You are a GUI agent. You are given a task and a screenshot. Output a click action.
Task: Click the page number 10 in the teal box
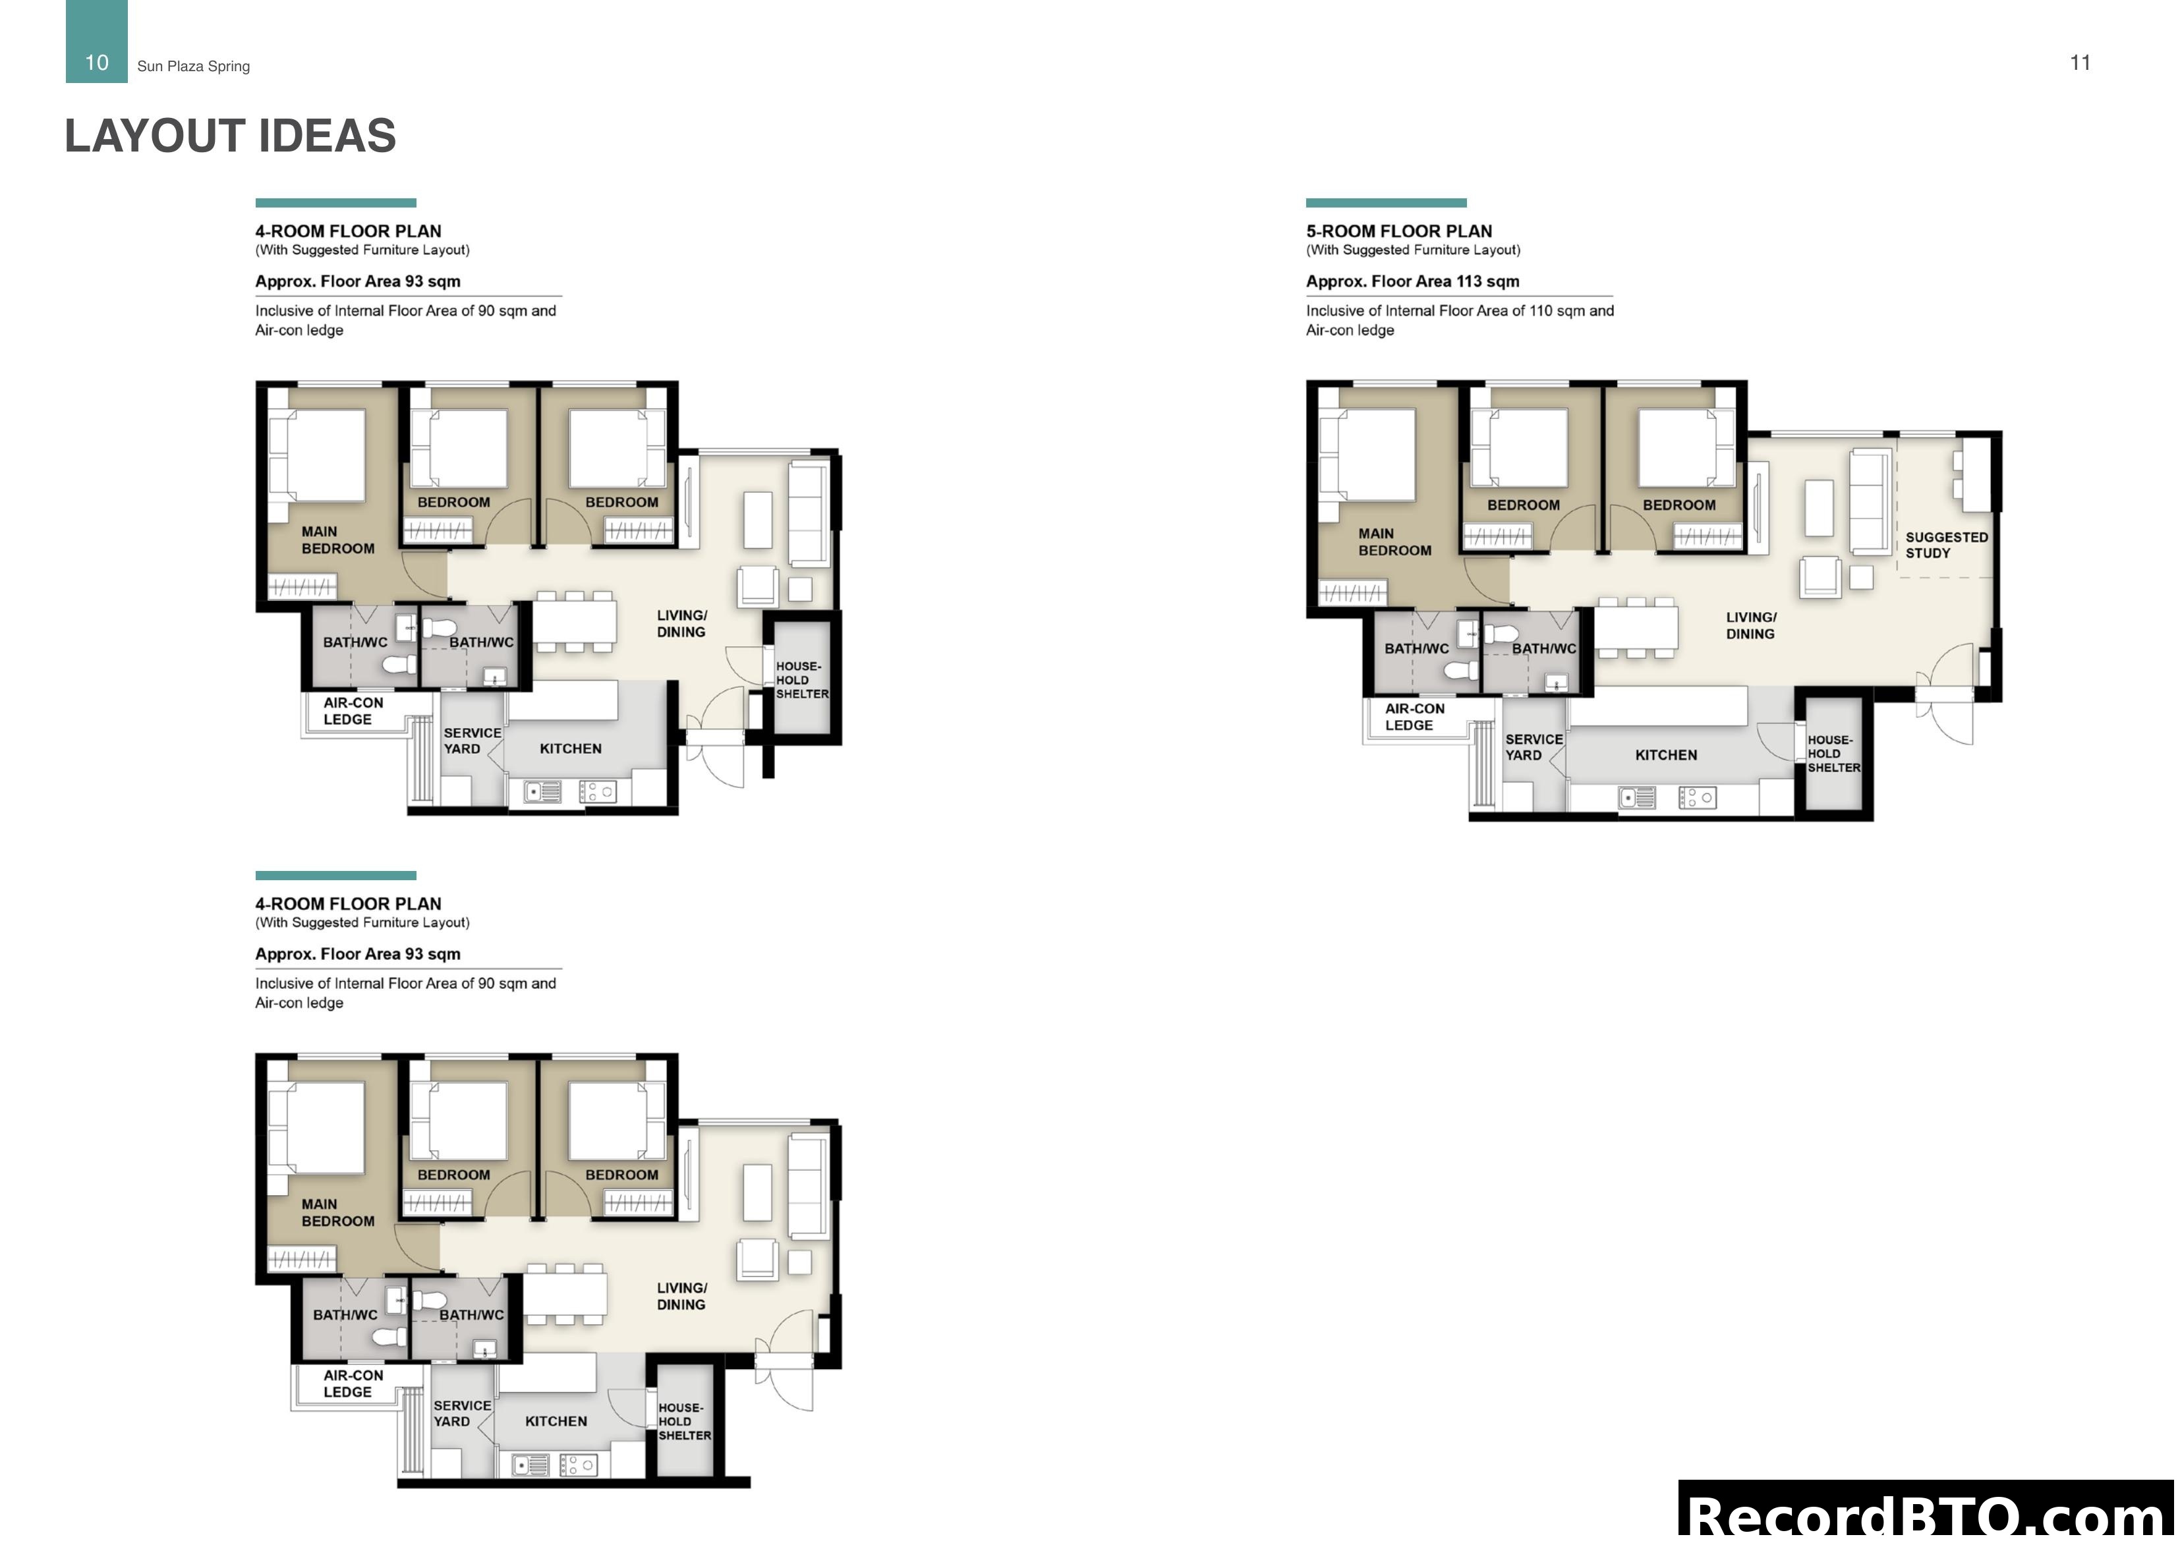(97, 63)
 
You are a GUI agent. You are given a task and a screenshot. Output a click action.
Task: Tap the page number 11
(2079, 63)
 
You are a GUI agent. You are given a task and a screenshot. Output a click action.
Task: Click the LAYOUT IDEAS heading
(230, 136)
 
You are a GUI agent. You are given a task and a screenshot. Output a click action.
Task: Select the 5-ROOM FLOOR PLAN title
(1398, 231)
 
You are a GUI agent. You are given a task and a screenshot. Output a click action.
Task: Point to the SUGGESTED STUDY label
(1945, 545)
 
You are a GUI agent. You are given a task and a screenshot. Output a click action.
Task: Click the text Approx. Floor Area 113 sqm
(1412, 281)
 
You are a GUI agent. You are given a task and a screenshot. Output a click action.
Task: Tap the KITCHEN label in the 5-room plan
(1665, 755)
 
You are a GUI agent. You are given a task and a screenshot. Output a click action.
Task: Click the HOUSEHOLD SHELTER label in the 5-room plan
(1833, 754)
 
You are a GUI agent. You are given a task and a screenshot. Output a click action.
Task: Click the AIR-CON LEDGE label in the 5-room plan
(1414, 717)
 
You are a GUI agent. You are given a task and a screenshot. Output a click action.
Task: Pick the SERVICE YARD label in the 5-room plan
(1532, 747)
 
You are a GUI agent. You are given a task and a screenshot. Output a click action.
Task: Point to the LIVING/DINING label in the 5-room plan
(1750, 626)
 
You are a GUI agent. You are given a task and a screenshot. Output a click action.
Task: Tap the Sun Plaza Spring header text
(194, 67)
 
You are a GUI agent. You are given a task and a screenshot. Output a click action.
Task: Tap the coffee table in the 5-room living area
(1818, 509)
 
